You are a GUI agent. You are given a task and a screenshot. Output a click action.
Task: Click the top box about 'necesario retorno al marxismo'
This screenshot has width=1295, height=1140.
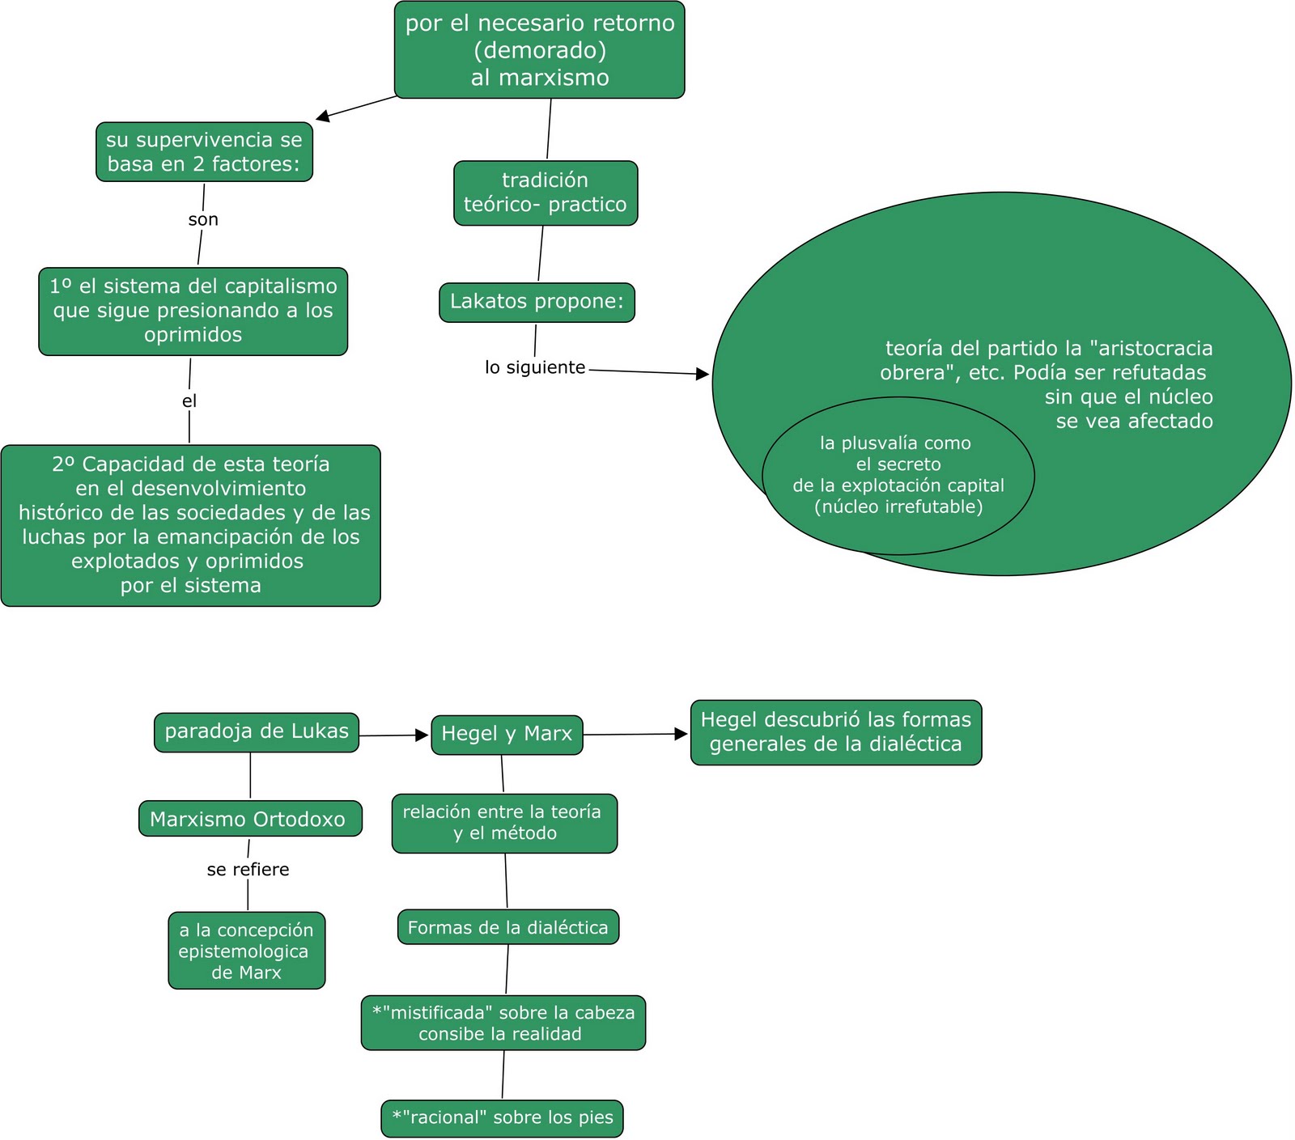(x=539, y=50)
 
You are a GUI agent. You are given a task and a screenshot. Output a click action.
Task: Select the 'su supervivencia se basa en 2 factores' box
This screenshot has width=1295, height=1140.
(x=204, y=152)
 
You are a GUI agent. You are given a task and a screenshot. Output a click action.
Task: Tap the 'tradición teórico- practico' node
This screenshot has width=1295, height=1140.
(x=546, y=193)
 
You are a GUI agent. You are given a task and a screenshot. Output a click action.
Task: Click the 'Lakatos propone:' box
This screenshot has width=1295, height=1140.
(x=537, y=303)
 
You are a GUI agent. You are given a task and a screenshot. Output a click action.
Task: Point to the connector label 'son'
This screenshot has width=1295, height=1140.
(x=203, y=219)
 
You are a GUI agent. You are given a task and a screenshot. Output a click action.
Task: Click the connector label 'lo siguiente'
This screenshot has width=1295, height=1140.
(x=535, y=367)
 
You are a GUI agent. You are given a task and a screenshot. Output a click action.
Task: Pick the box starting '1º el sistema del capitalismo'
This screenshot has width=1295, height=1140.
(x=193, y=311)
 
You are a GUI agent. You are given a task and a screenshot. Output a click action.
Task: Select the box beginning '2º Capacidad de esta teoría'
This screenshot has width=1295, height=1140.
(x=190, y=525)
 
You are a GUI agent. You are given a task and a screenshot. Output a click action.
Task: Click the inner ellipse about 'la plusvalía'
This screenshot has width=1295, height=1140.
(x=898, y=476)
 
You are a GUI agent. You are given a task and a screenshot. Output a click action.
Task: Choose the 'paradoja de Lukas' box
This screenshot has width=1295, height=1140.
(x=257, y=732)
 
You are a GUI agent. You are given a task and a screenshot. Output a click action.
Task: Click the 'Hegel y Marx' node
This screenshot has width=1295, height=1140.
(x=507, y=735)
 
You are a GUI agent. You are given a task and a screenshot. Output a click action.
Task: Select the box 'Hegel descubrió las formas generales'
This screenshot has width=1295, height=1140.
(x=836, y=732)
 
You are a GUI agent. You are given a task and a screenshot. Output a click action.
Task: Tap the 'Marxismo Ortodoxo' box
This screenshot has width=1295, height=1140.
(x=250, y=819)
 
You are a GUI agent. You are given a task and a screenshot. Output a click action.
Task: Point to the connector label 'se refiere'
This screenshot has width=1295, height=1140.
(x=248, y=870)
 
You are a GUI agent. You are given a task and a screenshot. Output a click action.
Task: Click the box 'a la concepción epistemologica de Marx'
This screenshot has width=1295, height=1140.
(x=247, y=951)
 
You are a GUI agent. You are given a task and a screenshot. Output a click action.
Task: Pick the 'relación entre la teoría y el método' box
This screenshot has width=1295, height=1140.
(x=504, y=824)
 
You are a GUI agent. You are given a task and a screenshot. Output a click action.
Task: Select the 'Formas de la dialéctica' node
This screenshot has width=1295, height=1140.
(x=508, y=927)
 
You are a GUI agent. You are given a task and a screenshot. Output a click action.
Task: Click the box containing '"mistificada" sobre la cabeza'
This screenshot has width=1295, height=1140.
(x=503, y=1023)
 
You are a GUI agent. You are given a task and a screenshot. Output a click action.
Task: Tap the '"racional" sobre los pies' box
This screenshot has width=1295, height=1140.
(x=502, y=1118)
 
